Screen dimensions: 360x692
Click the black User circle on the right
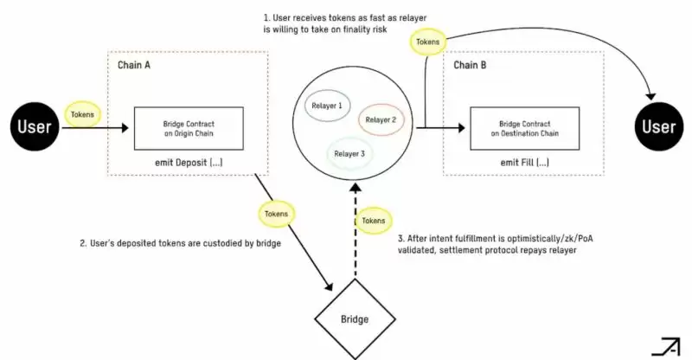pos(658,128)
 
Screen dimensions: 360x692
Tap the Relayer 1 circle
pos(326,106)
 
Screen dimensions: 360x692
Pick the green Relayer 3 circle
pos(351,153)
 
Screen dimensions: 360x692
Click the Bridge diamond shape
pos(353,318)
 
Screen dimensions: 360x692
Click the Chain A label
pos(136,66)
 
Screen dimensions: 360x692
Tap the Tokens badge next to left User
pos(84,113)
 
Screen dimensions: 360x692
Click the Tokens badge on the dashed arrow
pos(374,221)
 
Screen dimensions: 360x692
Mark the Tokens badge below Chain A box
pos(277,214)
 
